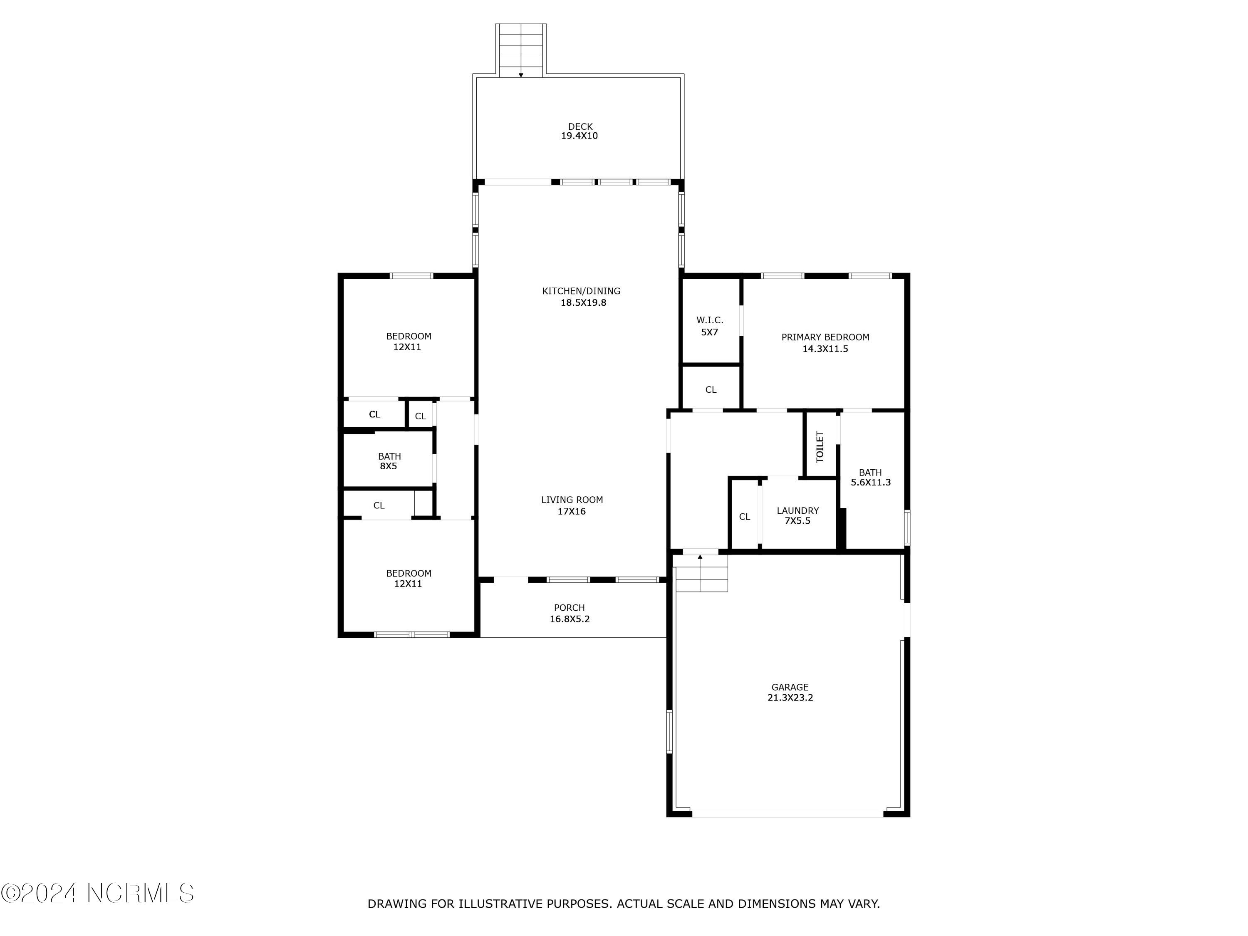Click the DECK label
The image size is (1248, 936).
coord(580,126)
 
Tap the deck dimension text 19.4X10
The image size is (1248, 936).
coord(579,136)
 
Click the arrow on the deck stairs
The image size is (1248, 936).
coord(521,74)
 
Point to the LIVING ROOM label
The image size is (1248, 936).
coord(572,500)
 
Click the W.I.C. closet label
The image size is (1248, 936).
coord(709,320)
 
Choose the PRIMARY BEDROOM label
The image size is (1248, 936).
coord(825,337)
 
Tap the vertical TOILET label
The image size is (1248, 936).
coord(820,446)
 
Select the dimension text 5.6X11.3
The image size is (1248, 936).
coord(871,483)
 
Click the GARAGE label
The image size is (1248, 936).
coord(790,687)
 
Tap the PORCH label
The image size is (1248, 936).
coord(569,608)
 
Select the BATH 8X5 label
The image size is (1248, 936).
coord(389,456)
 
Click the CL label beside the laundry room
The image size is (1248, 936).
coord(744,517)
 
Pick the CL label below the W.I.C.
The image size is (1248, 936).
coord(711,390)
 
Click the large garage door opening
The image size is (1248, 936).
coord(787,814)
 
